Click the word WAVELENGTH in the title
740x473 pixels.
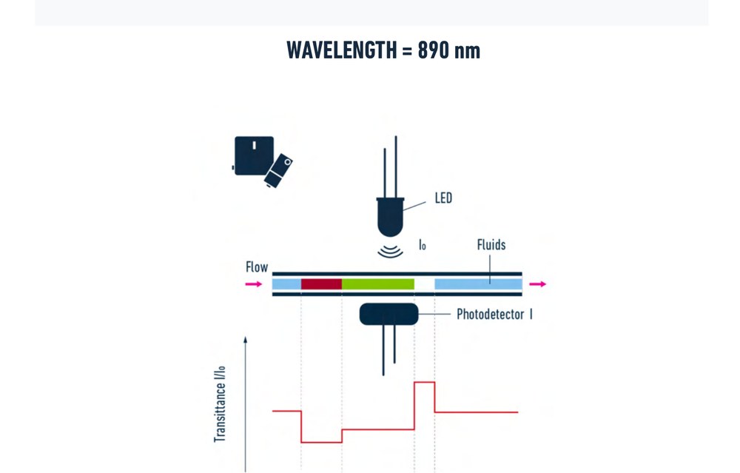342,50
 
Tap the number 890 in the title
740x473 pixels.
433,50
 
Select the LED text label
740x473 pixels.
443,198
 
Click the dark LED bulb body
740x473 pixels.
390,217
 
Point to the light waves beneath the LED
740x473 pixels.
390,251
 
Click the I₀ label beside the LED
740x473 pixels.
423,244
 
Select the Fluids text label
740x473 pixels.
491,244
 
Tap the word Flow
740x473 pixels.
257,267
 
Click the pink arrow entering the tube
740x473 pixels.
254,284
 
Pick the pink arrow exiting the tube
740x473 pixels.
537,284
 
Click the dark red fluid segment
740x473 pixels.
321,284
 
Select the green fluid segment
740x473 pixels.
378,284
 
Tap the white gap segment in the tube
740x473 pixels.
424,284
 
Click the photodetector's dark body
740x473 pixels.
389,315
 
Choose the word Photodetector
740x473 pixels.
491,315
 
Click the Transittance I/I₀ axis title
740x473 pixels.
220,404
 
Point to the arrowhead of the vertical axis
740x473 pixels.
246,340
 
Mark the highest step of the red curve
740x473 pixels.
424,383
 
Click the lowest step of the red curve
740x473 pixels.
321,443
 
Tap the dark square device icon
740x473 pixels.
255,155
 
